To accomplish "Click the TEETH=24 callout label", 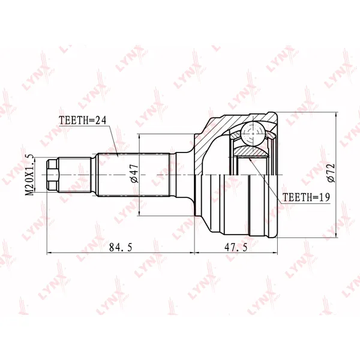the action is pos(83,121).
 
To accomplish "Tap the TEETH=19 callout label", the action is pos(306,197).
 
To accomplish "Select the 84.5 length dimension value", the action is pos(121,247).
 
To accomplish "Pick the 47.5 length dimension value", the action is pos(236,247).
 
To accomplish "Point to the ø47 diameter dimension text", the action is pos(134,173).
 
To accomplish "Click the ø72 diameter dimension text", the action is pos(331,173).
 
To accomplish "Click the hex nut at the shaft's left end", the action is pos(53,175).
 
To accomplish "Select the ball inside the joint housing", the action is pos(253,133).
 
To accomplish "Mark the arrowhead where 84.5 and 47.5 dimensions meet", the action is pos(194,253).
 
